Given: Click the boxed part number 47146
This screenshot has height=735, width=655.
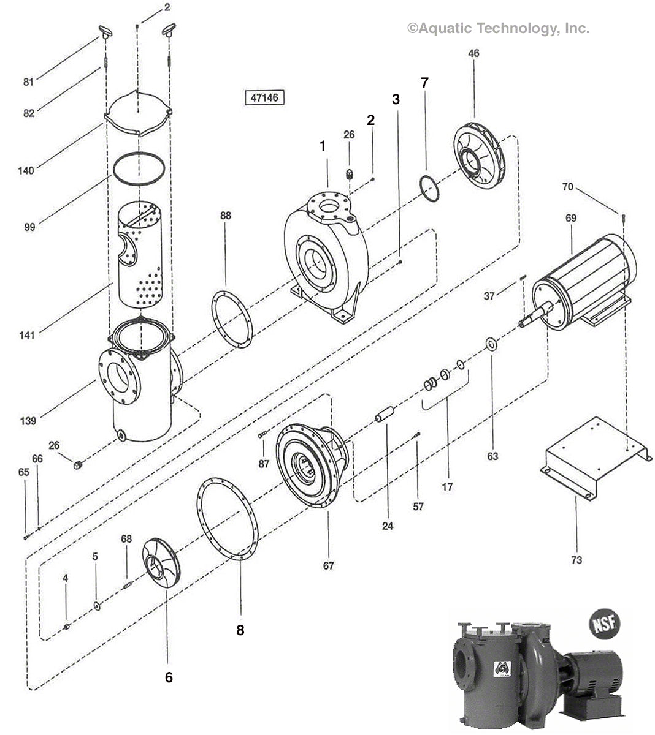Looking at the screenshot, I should tap(264, 97).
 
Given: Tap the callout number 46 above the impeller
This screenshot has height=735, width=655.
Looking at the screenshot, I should tap(473, 53).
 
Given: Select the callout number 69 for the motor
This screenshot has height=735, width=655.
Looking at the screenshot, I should tap(571, 217).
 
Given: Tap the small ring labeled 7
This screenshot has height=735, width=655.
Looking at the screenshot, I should tap(430, 188).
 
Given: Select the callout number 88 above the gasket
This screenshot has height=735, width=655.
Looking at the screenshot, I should tap(226, 216).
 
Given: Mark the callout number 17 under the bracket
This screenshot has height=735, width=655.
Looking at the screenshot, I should tap(447, 487).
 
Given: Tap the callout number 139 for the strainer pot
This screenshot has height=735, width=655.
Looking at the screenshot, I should tap(27, 421).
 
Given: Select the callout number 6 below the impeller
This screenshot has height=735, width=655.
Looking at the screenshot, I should tap(169, 677).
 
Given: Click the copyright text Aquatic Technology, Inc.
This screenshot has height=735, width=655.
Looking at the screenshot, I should tap(498, 28).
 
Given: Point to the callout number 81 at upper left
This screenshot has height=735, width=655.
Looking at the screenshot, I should tap(28, 82).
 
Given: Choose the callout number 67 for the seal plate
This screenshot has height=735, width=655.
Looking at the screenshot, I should tap(329, 565).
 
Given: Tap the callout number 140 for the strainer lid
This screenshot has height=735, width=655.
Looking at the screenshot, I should tap(26, 170).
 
